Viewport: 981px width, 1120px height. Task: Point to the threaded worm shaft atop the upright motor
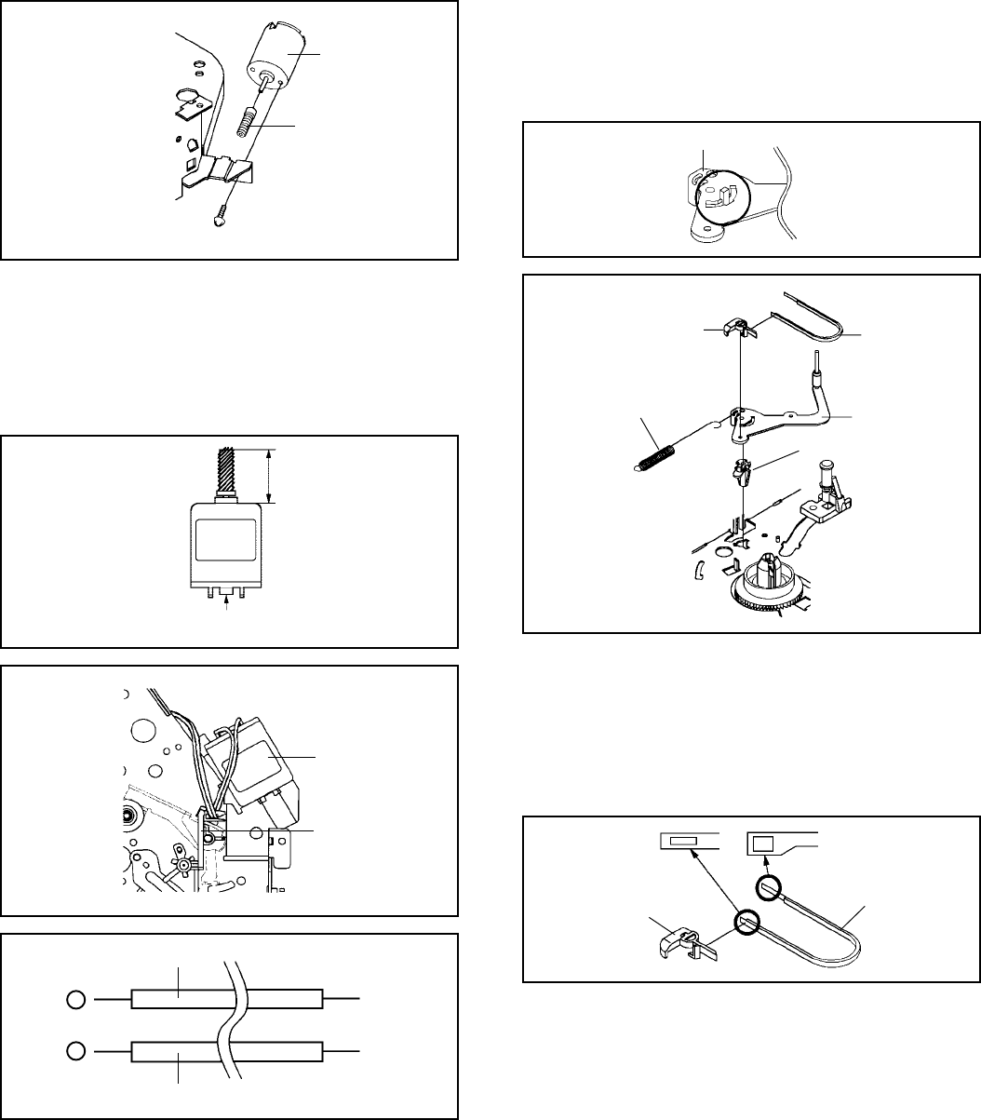(229, 473)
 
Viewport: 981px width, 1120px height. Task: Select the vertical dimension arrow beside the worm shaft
(269, 474)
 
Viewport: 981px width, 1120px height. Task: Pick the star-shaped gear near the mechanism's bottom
(184, 865)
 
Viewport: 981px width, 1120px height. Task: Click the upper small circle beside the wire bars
(77, 1000)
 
